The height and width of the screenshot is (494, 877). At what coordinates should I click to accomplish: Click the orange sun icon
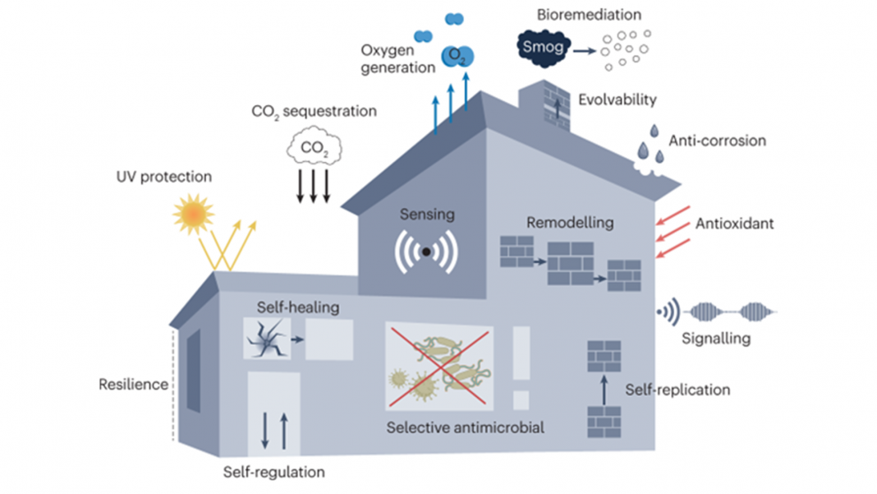194,213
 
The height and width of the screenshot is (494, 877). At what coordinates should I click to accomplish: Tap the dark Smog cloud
543,47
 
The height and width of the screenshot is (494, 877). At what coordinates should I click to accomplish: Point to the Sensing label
426,215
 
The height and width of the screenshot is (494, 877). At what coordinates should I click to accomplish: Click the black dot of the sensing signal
426,252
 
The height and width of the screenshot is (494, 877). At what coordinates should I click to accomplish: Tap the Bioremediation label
589,15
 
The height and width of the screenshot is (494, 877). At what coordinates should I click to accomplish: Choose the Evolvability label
618,100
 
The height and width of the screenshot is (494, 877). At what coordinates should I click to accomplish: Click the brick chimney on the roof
544,105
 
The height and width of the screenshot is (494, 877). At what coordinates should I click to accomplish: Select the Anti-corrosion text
717,141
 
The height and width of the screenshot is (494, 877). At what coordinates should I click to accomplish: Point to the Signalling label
716,338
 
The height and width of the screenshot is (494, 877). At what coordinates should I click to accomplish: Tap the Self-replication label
677,389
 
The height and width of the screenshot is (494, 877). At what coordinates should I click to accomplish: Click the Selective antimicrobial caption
466,427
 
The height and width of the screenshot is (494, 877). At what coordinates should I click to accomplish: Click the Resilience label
133,384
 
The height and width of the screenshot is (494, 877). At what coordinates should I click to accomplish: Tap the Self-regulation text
273,473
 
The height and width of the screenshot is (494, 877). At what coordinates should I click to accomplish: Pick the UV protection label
163,177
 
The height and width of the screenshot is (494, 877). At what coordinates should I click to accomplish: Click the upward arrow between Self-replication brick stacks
603,388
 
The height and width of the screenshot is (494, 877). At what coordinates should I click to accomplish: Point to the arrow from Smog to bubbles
585,50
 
